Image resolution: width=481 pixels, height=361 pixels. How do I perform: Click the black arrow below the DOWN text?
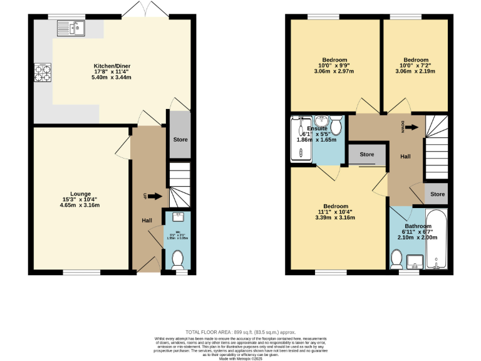[x=411, y=128]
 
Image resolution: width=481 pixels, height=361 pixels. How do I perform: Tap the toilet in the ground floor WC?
[x=177, y=258]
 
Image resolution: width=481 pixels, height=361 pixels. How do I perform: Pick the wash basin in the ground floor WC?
[x=177, y=217]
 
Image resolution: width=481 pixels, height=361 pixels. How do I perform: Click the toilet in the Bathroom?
[x=396, y=258]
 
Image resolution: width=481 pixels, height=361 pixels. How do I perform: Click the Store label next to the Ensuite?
[x=367, y=154]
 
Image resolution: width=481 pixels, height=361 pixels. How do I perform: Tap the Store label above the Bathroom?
[x=437, y=194]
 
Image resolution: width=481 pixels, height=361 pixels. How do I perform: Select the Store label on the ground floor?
[x=180, y=138]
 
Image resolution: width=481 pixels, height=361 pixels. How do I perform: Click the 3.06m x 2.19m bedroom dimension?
[x=416, y=71]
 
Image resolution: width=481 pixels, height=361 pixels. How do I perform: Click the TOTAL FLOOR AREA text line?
[x=240, y=332]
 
